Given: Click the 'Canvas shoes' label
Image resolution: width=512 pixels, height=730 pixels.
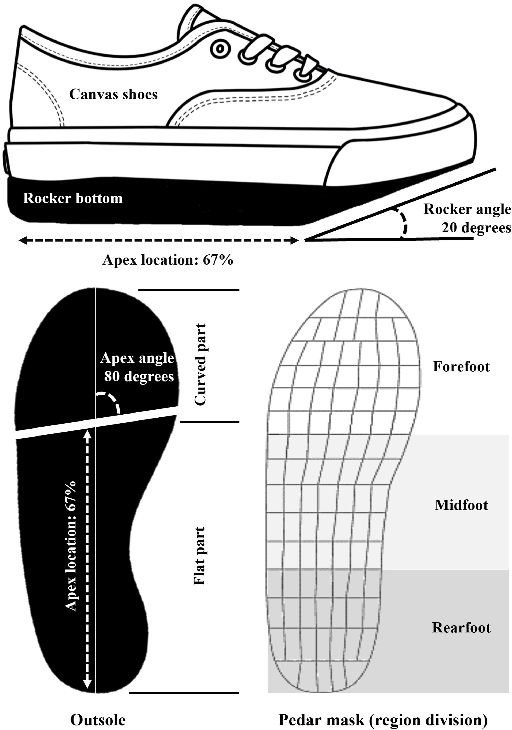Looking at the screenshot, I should point(113,94).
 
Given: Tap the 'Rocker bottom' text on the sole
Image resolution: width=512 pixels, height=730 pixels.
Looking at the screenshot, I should point(73,198).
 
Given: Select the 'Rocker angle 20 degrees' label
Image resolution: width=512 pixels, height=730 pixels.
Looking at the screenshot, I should point(467,218).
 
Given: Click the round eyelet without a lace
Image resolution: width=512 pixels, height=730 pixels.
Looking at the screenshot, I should point(220,49).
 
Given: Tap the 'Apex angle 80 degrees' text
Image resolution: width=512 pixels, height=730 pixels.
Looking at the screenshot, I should point(137,367).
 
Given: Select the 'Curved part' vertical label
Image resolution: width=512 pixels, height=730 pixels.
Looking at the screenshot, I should point(200,365).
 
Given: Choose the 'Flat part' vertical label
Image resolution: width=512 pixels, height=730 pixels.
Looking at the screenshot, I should point(200,556).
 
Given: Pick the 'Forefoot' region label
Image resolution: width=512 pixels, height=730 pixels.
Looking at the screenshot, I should point(461,367).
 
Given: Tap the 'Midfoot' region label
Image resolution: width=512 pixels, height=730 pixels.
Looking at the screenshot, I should point(461,505).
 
